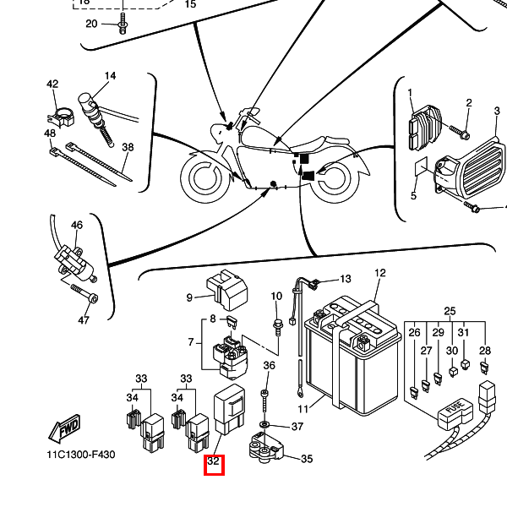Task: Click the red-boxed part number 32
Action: click(214, 461)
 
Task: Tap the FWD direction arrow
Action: click(64, 428)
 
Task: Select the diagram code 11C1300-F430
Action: click(81, 455)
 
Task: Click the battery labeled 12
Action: click(352, 356)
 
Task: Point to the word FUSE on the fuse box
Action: click(455, 408)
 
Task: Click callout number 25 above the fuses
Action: click(450, 311)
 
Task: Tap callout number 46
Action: click(77, 225)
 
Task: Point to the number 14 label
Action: click(110, 76)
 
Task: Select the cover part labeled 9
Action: click(227, 289)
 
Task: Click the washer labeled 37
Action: click(264, 424)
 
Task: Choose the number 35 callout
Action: click(307, 459)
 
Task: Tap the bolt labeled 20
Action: click(123, 24)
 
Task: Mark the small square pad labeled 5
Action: click(422, 166)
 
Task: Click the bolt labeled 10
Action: click(277, 327)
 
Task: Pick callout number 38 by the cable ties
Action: click(128, 147)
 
